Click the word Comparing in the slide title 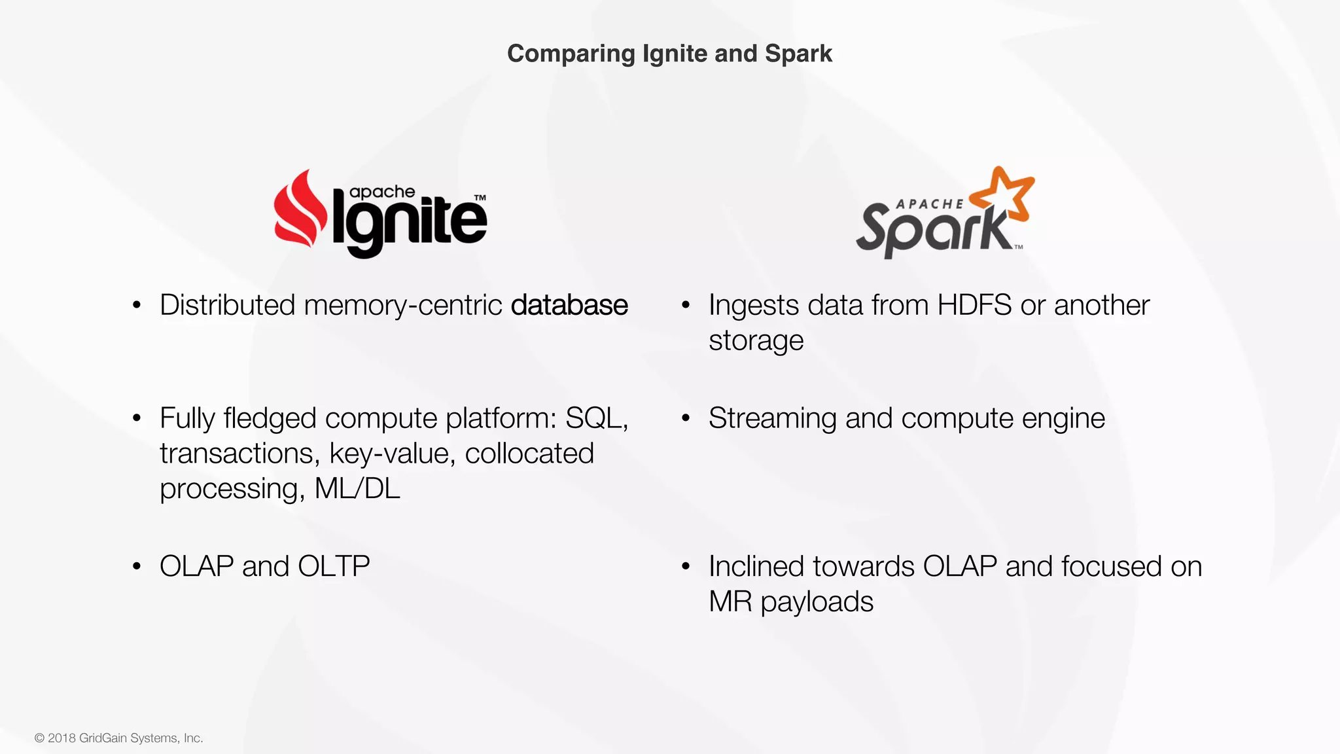click(571, 54)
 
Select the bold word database click(569, 306)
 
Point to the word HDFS click(974, 306)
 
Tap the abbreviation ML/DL click(357, 489)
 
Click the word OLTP click(334, 566)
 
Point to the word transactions click(239, 454)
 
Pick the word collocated click(529, 454)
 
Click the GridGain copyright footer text click(119, 738)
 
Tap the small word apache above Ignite click(382, 192)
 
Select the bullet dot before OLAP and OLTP click(137, 567)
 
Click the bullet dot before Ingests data click(686, 306)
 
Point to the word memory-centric click(402, 306)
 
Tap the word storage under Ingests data click(756, 341)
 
